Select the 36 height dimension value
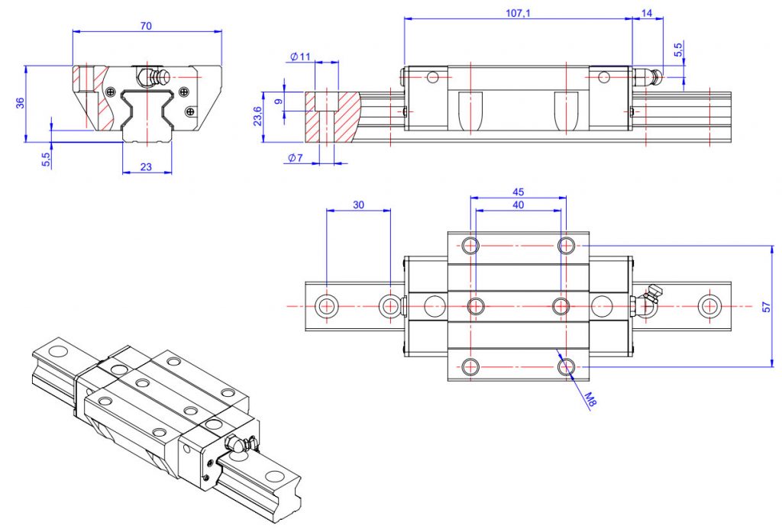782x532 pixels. click(x=21, y=103)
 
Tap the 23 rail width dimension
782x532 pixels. click(x=147, y=166)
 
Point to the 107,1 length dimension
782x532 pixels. click(x=519, y=13)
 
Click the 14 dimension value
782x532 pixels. click(x=648, y=13)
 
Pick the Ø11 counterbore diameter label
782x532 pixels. click(x=300, y=57)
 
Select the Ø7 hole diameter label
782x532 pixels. click(x=296, y=158)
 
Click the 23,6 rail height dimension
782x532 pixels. click(x=257, y=117)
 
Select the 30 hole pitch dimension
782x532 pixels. click(x=358, y=205)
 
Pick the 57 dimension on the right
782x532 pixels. click(x=766, y=306)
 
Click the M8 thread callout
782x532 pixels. click(x=589, y=398)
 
